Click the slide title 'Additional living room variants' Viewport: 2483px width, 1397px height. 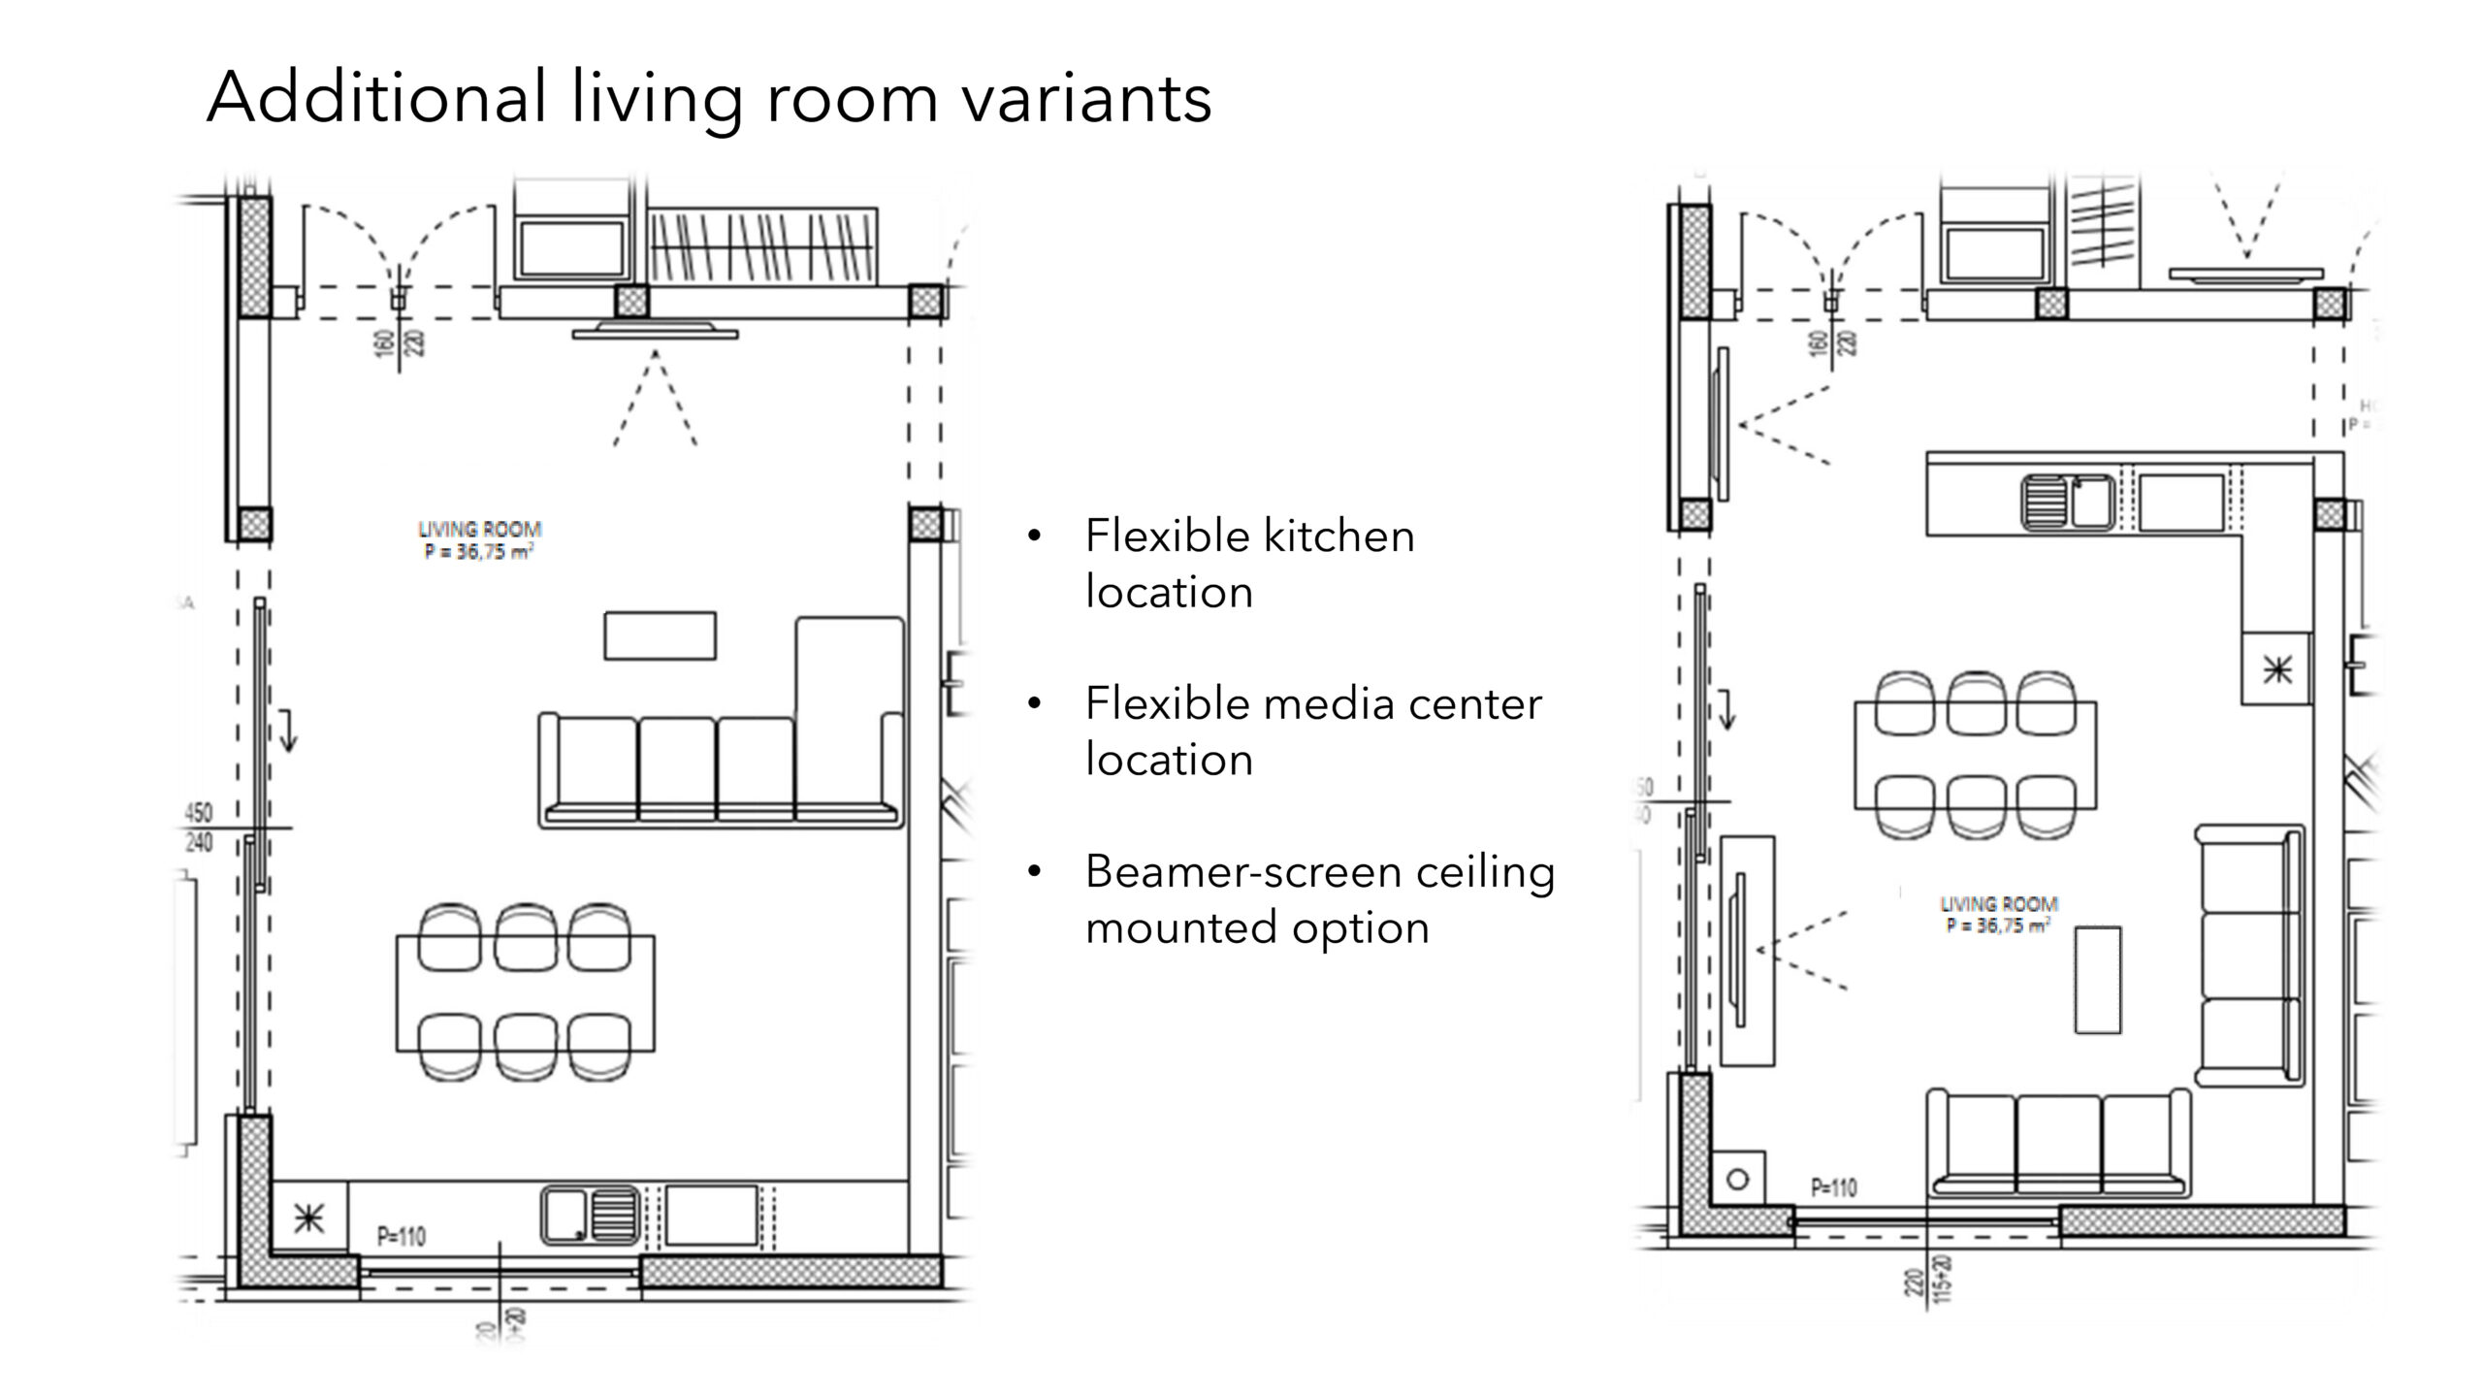(x=709, y=98)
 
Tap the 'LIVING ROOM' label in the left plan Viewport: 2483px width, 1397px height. (x=479, y=531)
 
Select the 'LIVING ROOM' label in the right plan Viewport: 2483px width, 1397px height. (x=1997, y=904)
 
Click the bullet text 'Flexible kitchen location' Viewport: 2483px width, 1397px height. (x=1249, y=564)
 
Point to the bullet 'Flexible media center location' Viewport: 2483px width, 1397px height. (x=1312, y=731)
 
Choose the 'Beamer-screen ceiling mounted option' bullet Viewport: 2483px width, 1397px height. (x=1319, y=898)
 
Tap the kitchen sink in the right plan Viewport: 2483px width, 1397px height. (x=2068, y=502)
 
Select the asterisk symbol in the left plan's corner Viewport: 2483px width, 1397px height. (x=308, y=1218)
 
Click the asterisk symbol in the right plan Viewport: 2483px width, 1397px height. (x=2276, y=668)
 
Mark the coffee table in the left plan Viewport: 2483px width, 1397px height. (x=660, y=636)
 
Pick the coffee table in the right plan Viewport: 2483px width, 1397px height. (x=2097, y=980)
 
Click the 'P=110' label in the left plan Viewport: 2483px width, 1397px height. (x=401, y=1237)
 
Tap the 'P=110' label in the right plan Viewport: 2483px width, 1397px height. (x=1833, y=1187)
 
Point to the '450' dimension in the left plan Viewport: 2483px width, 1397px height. (x=198, y=812)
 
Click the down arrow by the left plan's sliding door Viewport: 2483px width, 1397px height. (x=287, y=731)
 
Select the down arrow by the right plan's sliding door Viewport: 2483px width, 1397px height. (x=1726, y=709)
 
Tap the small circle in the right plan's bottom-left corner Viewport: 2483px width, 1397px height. (x=1738, y=1180)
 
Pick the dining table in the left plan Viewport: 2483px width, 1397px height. (x=525, y=993)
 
